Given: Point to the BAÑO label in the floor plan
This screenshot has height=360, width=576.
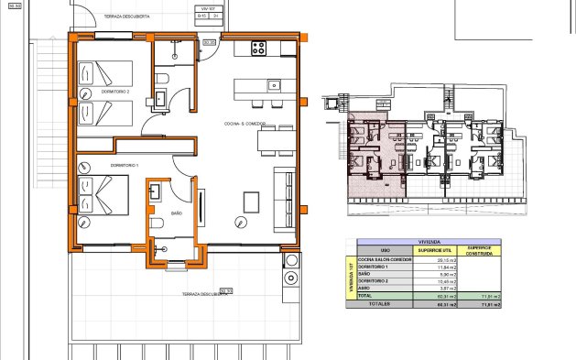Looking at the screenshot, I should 177,213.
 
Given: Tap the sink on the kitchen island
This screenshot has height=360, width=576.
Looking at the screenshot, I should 273,86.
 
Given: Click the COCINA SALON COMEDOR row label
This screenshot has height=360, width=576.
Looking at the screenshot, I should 385,260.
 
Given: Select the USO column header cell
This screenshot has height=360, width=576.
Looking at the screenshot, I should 385,251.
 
